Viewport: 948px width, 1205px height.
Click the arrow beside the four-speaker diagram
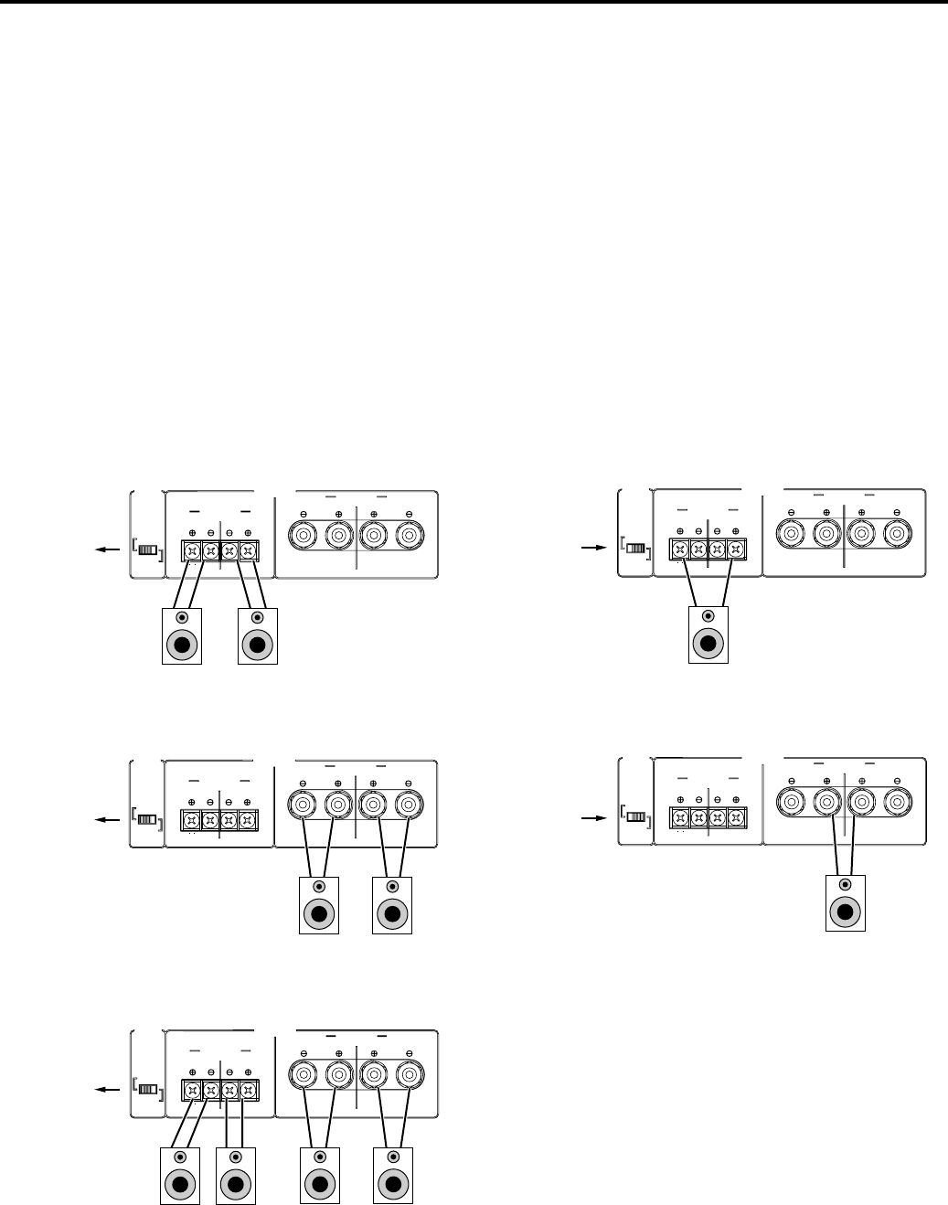107,1090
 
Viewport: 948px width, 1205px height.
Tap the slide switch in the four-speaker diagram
147,1090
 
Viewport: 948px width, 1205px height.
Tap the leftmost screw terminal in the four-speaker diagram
192,1090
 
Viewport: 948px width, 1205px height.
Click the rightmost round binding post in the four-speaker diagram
408,1073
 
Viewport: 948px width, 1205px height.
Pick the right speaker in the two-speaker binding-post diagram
393,904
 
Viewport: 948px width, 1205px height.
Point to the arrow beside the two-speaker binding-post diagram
107,819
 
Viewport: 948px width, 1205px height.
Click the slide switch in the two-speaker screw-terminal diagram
147,550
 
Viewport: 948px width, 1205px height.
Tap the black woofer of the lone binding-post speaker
845,912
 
